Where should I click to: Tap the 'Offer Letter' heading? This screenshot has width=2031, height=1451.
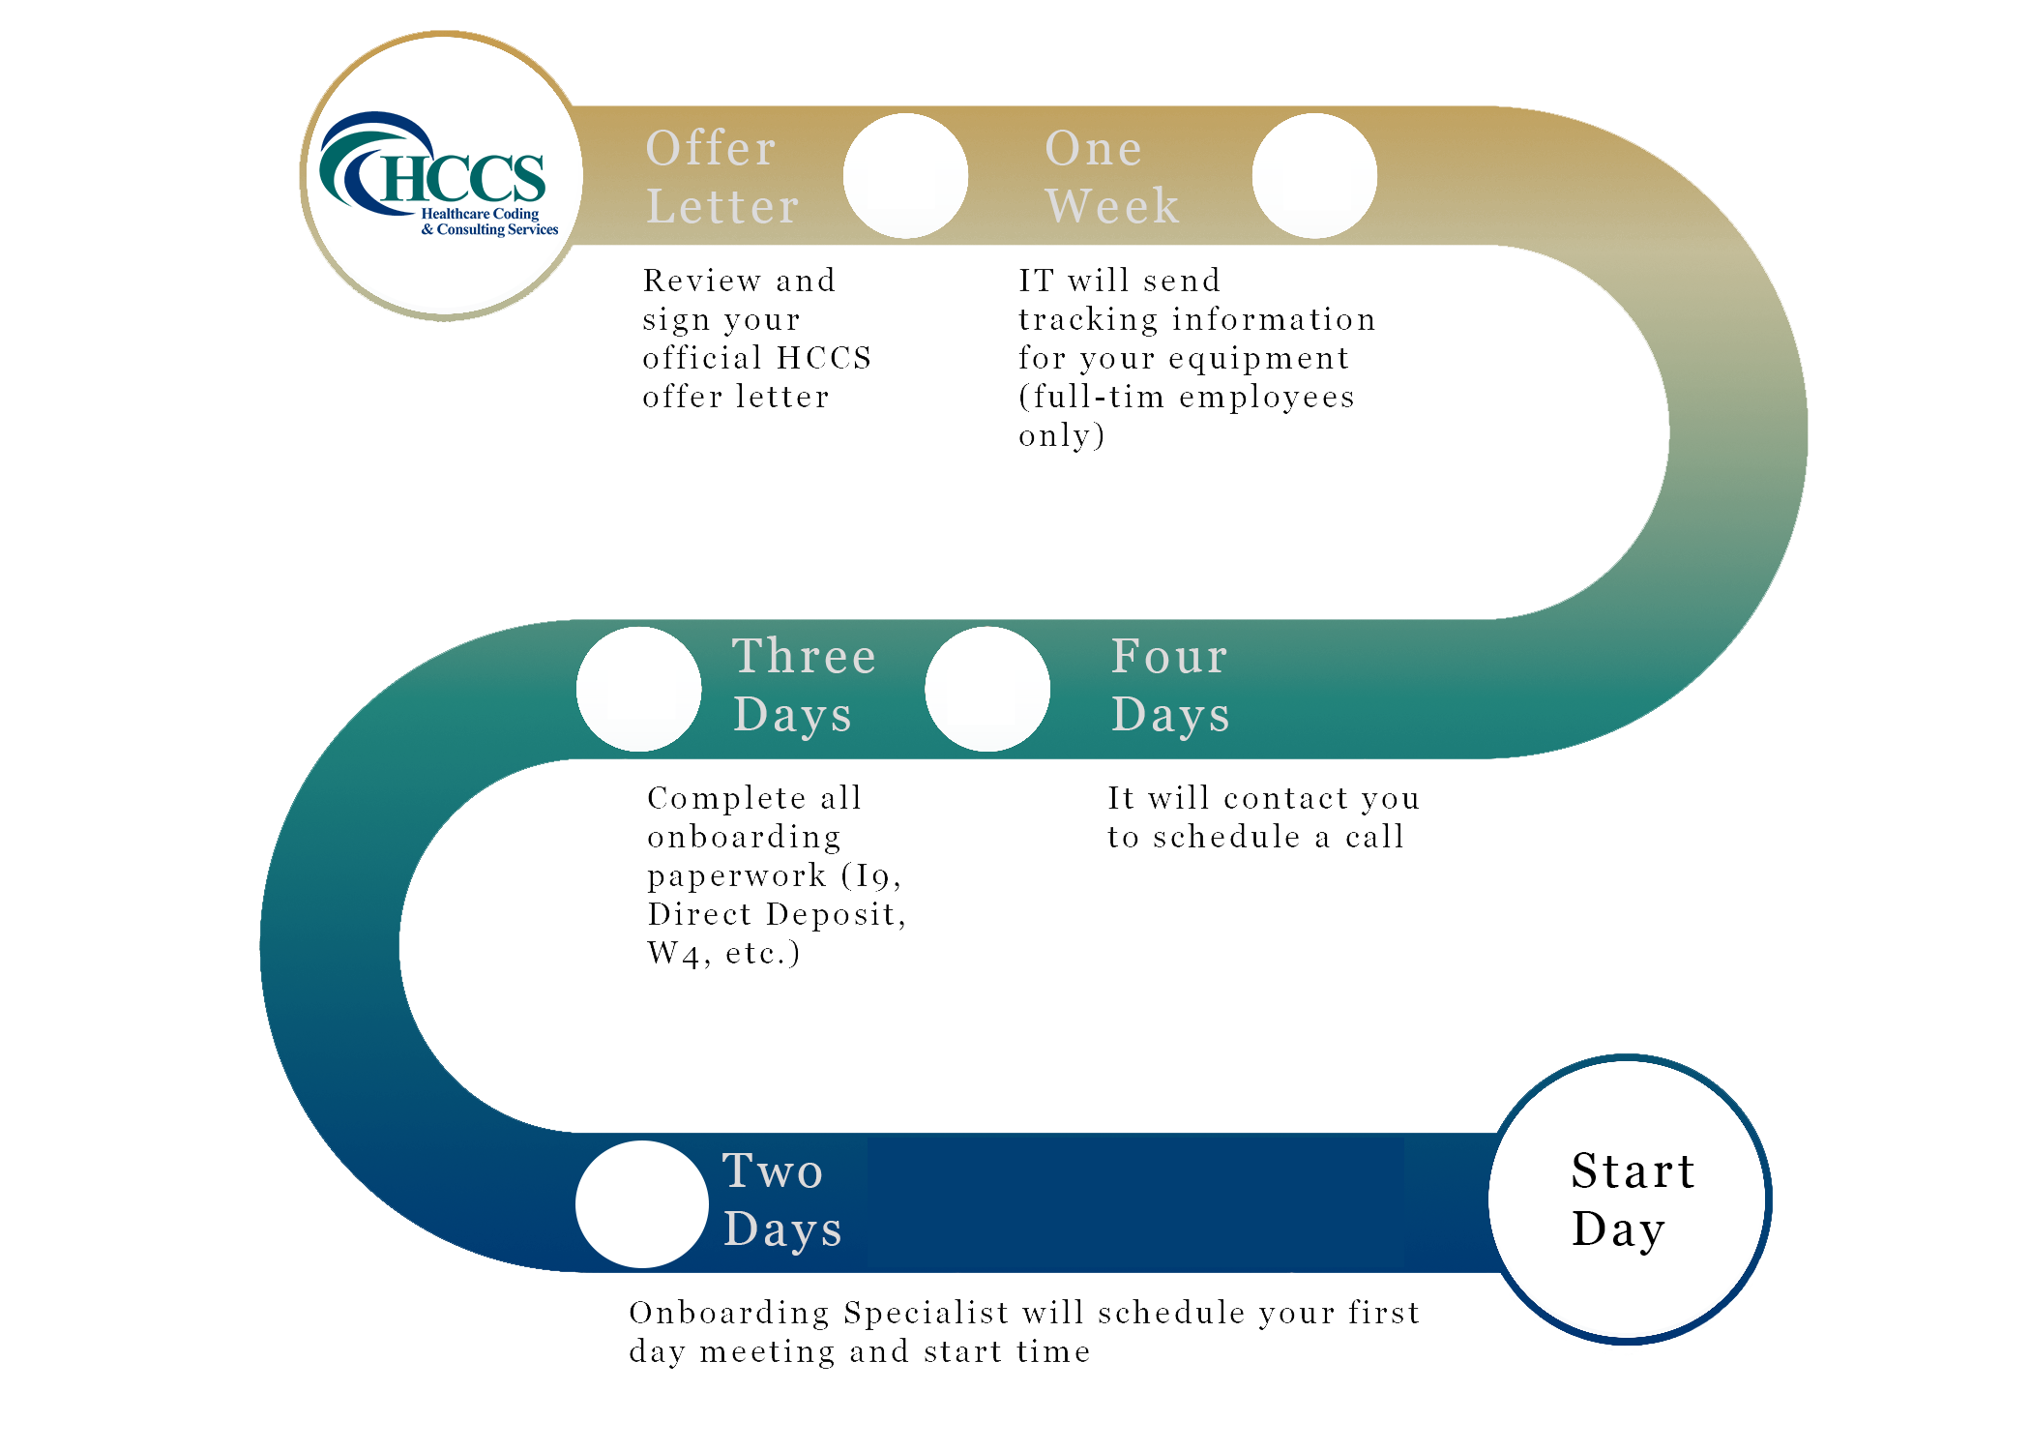tap(722, 177)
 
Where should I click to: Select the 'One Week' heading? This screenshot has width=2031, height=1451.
tap(1112, 177)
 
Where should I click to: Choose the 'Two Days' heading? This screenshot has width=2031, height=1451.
tap(781, 1199)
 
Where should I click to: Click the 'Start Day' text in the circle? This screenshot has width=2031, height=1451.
tap(1633, 1199)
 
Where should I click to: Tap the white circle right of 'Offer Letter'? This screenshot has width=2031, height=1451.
tap(905, 176)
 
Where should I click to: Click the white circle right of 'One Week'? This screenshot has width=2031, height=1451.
tap(1314, 176)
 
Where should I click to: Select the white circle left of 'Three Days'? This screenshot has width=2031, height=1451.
tap(638, 689)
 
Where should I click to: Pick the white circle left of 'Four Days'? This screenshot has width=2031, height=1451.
tap(987, 689)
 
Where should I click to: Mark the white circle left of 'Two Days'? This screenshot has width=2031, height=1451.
tap(641, 1203)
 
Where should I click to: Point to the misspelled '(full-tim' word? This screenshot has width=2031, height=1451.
tap(1091, 398)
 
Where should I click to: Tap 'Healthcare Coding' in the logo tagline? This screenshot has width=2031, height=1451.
tap(480, 214)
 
